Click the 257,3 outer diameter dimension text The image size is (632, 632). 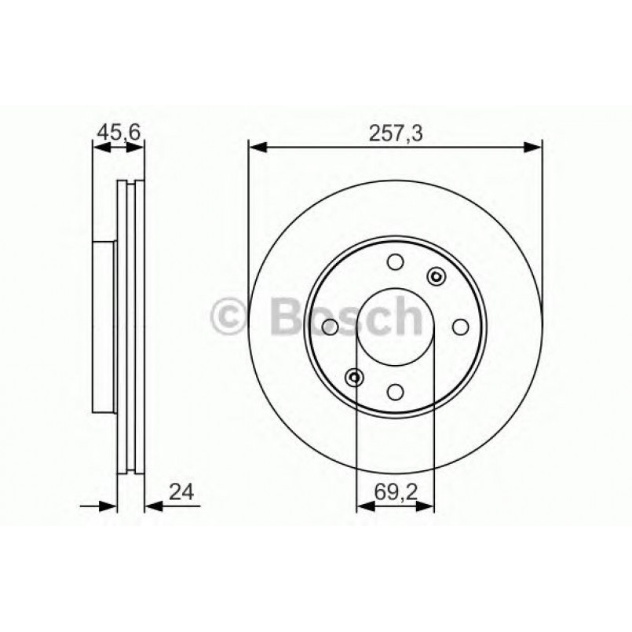point(396,133)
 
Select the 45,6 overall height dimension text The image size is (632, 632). point(119,133)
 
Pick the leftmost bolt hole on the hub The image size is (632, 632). point(331,327)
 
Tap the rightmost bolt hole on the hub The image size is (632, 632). point(461,327)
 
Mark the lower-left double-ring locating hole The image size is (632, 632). point(355,378)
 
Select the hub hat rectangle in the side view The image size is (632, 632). point(104,326)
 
